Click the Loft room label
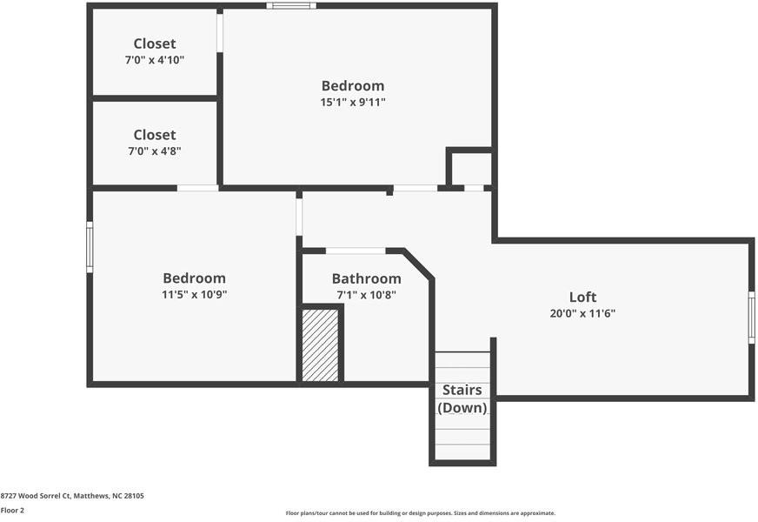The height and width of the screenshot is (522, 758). tap(582, 297)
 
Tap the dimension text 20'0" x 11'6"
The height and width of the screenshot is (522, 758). tap(582, 313)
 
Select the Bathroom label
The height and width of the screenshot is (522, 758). tap(366, 278)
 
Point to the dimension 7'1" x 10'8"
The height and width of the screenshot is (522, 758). tap(366, 295)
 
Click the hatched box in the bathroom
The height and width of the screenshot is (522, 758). tap(320, 345)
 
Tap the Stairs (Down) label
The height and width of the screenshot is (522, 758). tap(462, 398)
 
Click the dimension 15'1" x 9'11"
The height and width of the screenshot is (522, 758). tap(353, 102)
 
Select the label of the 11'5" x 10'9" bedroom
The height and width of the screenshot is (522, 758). tap(194, 278)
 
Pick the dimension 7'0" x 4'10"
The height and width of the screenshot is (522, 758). tap(155, 60)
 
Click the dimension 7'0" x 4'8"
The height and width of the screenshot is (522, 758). tap(155, 151)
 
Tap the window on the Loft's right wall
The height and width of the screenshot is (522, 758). tap(751, 318)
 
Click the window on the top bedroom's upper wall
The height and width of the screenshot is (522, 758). tap(291, 5)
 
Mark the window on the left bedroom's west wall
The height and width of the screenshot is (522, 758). tap(90, 247)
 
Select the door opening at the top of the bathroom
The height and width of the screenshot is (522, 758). tap(356, 251)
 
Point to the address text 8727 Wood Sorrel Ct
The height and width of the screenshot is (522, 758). tap(72, 496)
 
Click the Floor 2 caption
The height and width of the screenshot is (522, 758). tap(12, 510)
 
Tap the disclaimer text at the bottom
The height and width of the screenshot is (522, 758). tap(420, 513)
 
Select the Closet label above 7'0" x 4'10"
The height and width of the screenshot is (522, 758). tap(155, 43)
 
